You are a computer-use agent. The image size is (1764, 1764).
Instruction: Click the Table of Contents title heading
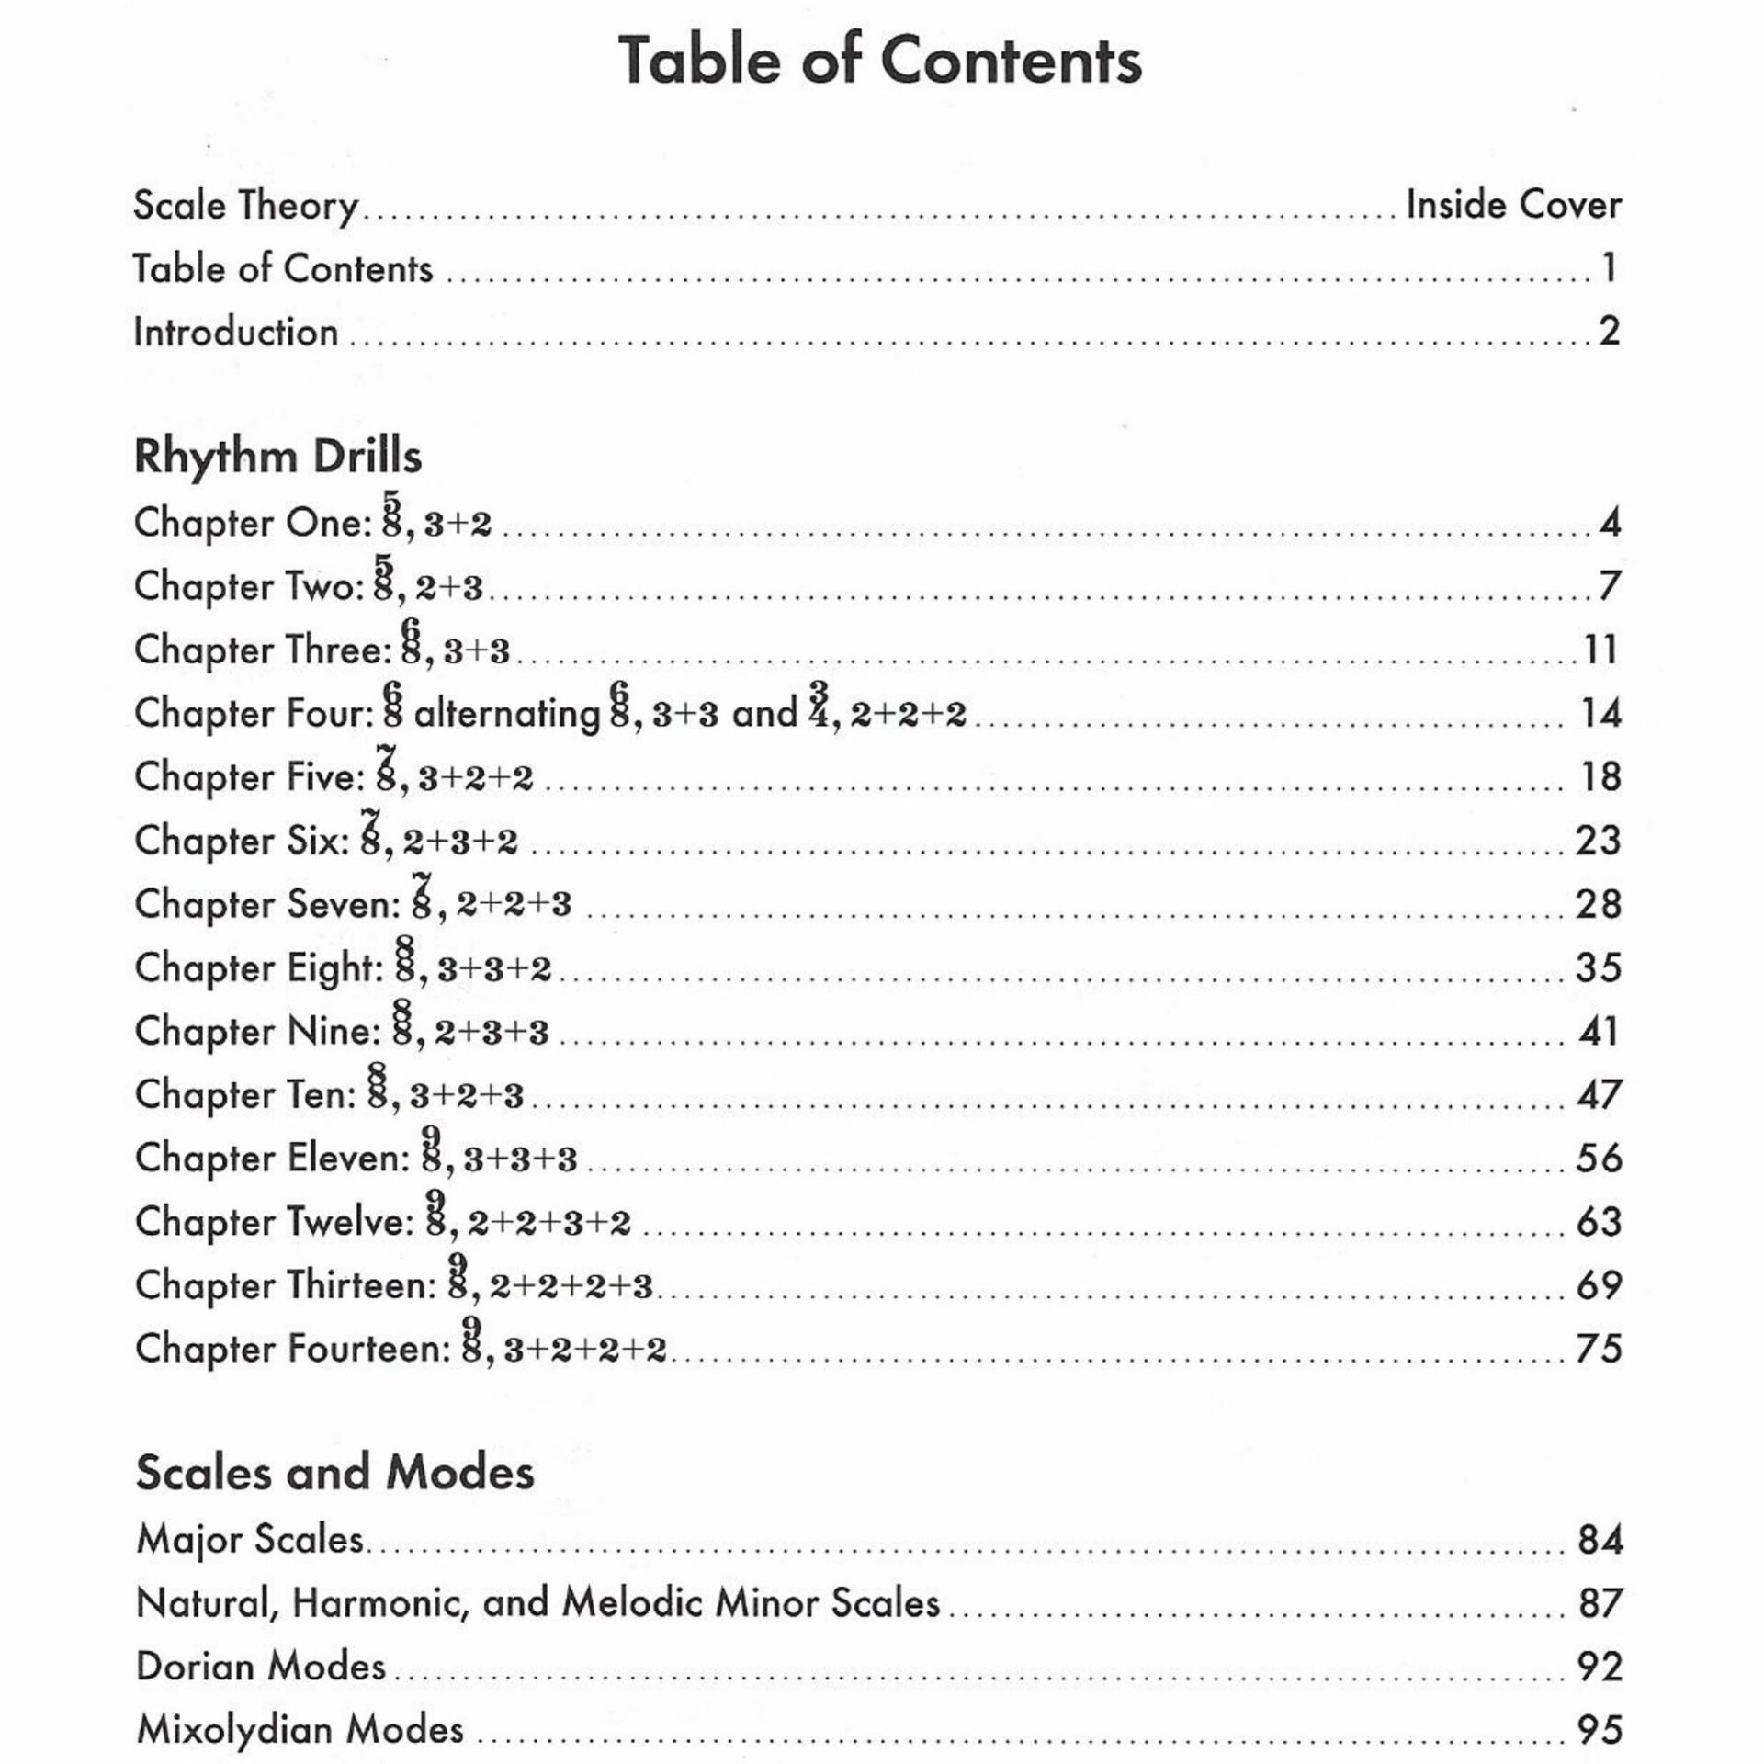coord(880,61)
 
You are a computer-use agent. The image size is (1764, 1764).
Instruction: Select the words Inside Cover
coord(1513,205)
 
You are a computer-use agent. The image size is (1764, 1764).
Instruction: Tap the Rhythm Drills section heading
coord(277,457)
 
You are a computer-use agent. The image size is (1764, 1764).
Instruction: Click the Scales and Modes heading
coord(334,1473)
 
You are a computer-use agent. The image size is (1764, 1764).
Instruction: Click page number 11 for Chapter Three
coord(1600,650)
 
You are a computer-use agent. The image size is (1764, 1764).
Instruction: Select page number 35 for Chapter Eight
coord(1599,967)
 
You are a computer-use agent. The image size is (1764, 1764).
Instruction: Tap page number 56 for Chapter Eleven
coord(1599,1158)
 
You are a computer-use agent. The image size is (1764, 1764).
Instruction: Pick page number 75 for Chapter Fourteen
coord(1599,1349)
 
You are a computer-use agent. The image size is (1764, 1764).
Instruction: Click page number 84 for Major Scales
coord(1600,1540)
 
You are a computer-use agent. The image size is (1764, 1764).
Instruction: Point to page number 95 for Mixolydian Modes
coord(1600,1730)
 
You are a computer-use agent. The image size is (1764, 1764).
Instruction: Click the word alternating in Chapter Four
coord(507,714)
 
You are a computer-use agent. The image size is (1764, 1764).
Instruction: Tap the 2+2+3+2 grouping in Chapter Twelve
coord(549,1223)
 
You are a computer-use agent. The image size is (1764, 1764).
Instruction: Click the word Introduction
coord(236,332)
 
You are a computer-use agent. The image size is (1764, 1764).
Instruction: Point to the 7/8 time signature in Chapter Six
coord(371,831)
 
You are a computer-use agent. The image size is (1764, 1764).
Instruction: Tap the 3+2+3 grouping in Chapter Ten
coord(467,1096)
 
